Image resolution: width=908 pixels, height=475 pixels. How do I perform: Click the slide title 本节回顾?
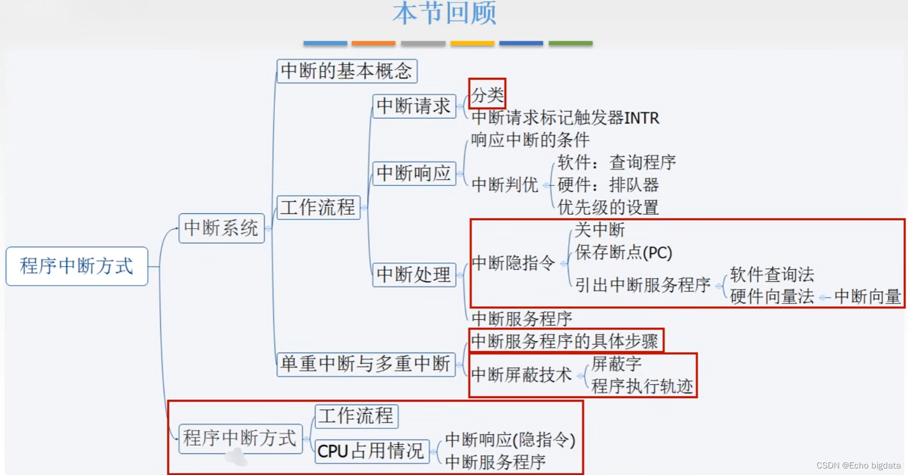tap(444, 14)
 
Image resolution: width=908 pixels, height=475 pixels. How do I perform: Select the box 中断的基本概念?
tap(347, 71)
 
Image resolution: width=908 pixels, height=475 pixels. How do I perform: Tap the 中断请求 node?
tap(414, 106)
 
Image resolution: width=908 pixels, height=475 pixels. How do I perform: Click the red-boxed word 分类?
tap(487, 94)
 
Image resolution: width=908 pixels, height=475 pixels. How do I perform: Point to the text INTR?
tap(642, 118)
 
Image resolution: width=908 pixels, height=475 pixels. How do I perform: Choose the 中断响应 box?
tap(414, 173)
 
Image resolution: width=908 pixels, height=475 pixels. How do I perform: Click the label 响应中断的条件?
tap(530, 140)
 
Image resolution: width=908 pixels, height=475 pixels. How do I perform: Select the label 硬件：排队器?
tap(608, 185)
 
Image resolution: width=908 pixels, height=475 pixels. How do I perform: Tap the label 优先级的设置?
tap(608, 207)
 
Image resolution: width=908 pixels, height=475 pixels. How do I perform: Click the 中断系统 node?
tap(221, 228)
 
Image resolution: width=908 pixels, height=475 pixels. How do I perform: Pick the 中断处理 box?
tap(414, 275)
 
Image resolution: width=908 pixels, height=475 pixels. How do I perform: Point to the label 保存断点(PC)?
tap(623, 252)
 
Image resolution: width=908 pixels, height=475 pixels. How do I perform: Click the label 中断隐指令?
tap(513, 263)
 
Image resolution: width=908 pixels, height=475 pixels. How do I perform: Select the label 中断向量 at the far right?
tap(867, 296)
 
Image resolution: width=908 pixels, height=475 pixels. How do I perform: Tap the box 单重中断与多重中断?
tap(365, 364)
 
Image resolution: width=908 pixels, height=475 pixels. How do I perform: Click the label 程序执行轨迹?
tap(642, 386)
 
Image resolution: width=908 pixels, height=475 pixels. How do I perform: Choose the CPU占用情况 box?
tap(371, 451)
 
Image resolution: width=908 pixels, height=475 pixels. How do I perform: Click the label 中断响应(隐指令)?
tap(510, 439)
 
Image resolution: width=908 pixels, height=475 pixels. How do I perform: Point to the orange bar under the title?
tap(373, 44)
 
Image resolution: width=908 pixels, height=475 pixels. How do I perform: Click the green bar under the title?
tap(570, 44)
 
